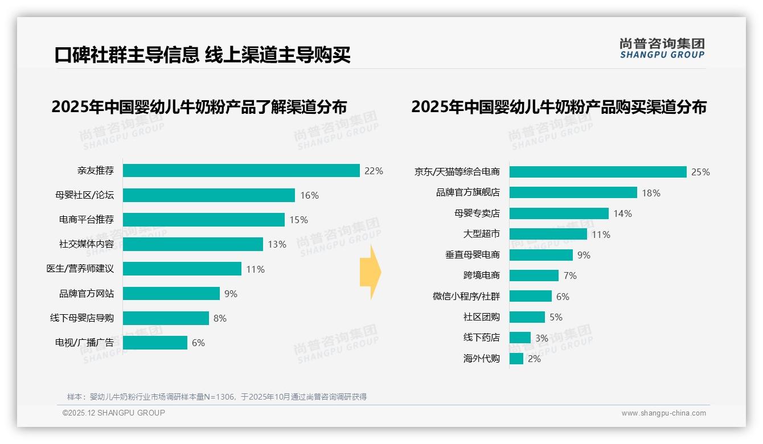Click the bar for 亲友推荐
[x=241, y=171]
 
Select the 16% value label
[x=309, y=195]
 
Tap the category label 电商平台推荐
[x=87, y=220]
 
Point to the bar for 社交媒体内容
[x=192, y=244]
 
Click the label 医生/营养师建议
[x=80, y=269]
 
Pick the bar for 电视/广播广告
[x=155, y=343]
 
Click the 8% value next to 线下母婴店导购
[x=220, y=318]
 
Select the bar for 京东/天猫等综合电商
[x=597, y=172]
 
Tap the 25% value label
[x=700, y=172]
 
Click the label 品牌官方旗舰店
[x=467, y=193]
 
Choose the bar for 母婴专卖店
[x=559, y=213]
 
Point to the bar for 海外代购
[x=516, y=359]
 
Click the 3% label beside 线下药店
[x=542, y=338]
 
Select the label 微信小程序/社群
[x=466, y=297]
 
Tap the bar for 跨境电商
[x=534, y=276]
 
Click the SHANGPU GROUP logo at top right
[x=662, y=48]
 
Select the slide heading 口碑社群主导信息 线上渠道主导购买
[x=202, y=55]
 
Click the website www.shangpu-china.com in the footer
[x=663, y=413]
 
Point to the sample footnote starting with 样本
[x=217, y=397]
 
